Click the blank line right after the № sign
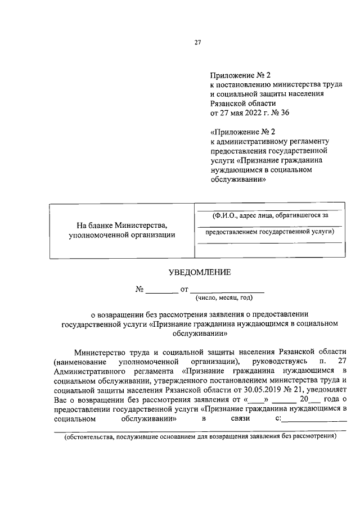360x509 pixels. [x=162, y=291]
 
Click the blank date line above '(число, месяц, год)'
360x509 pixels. [x=227, y=291]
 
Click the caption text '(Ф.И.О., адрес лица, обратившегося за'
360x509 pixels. [x=266, y=215]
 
